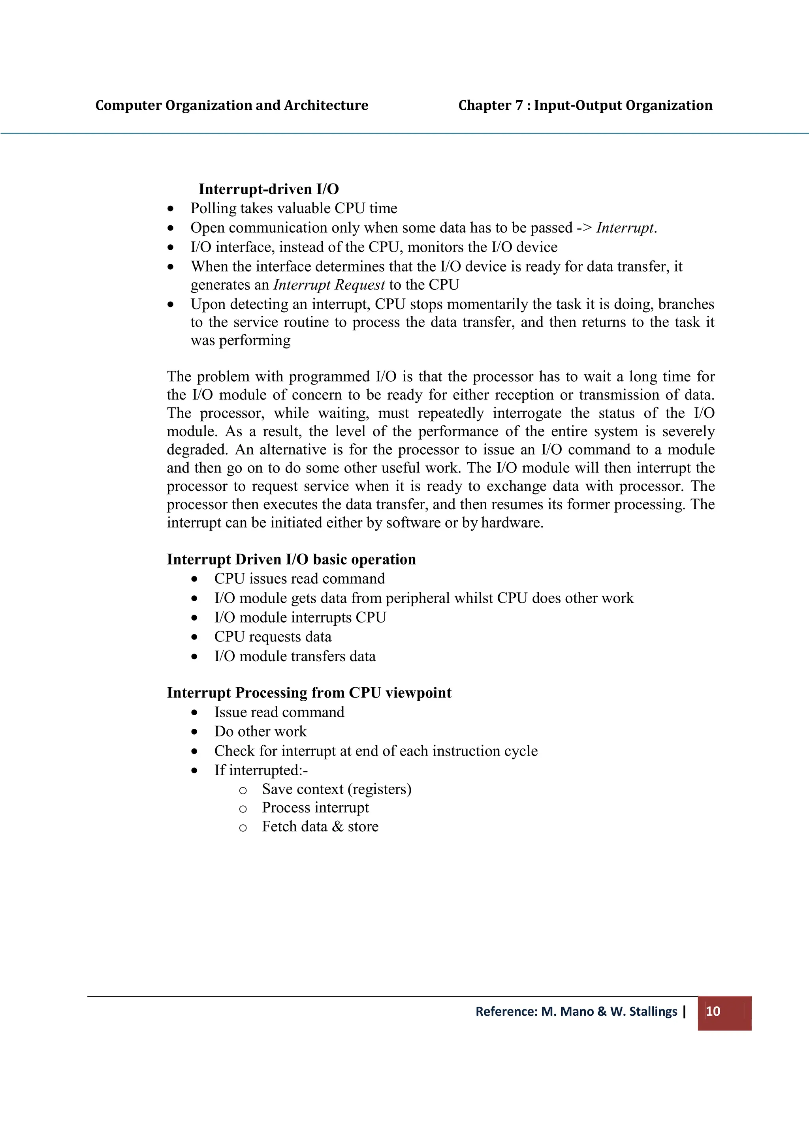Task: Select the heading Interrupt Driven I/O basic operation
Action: coord(291,559)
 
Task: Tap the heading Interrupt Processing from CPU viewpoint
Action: coord(309,692)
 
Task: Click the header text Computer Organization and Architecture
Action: coord(232,105)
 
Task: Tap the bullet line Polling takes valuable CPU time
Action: coord(293,208)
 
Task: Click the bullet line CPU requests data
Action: coord(273,637)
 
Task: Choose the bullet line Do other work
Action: coord(260,731)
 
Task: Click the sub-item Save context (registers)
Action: coord(337,789)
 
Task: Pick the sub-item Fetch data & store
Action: coord(320,827)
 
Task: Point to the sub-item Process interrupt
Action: coord(315,807)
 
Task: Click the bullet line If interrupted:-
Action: coord(261,770)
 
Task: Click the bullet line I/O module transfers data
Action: coord(295,656)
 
